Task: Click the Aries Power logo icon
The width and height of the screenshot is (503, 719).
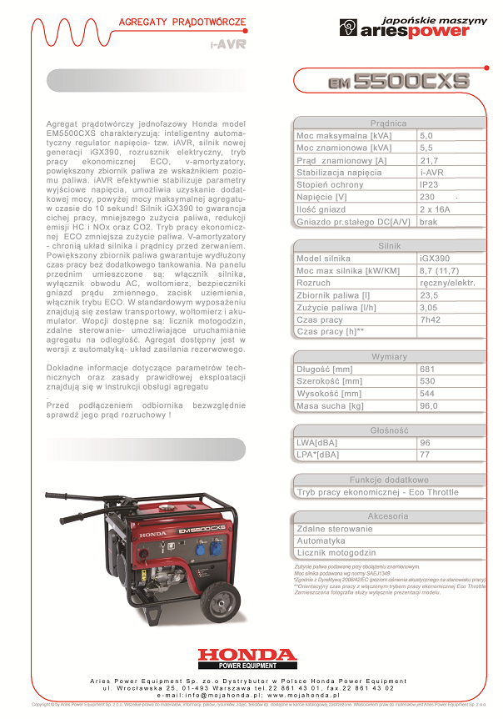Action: pyautogui.click(x=347, y=28)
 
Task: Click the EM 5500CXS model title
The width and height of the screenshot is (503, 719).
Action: pyautogui.click(x=397, y=82)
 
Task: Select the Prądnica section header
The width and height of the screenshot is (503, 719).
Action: pyautogui.click(x=388, y=123)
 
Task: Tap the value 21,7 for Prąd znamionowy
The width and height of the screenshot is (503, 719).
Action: pyautogui.click(x=429, y=160)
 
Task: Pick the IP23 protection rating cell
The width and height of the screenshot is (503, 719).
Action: pyautogui.click(x=430, y=184)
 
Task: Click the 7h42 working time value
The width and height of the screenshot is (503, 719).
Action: pyautogui.click(x=431, y=319)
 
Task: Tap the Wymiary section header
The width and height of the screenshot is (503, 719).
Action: pyautogui.click(x=389, y=357)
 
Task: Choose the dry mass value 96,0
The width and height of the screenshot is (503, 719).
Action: pyautogui.click(x=430, y=406)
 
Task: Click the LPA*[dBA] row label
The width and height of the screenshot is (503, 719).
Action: pyautogui.click(x=318, y=455)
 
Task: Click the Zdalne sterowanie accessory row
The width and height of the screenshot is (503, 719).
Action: pyautogui.click(x=335, y=529)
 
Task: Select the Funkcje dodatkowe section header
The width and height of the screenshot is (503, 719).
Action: pyautogui.click(x=389, y=480)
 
